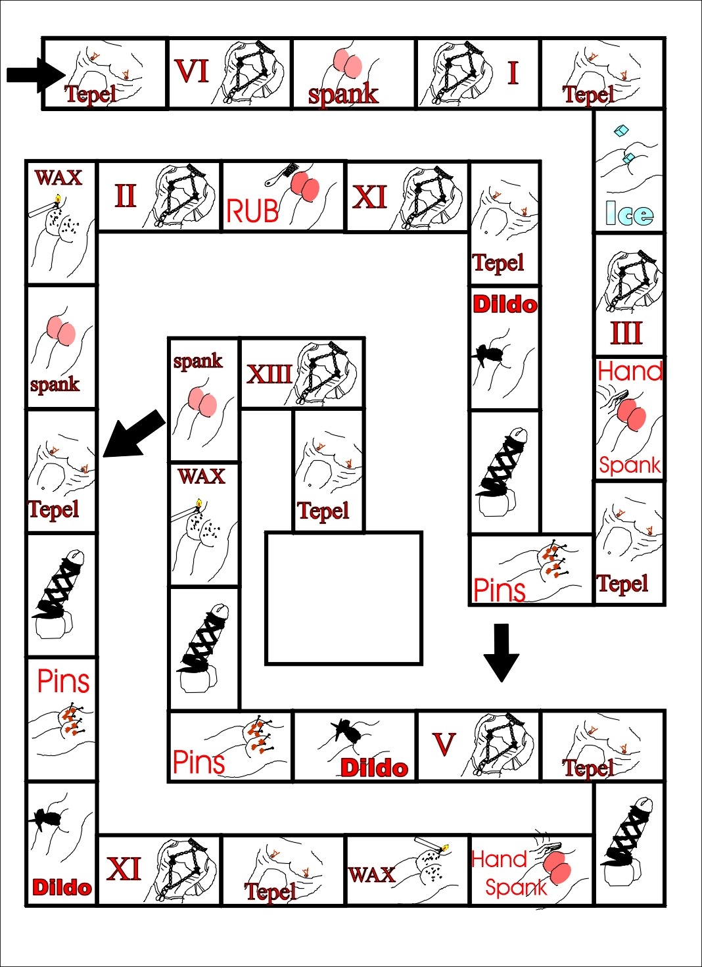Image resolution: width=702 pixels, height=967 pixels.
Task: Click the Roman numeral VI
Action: pos(191,71)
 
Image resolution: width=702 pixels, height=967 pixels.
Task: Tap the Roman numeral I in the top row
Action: pos(513,72)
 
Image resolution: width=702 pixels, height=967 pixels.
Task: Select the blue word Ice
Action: pos(629,214)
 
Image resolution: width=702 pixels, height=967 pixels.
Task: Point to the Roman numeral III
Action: pos(626,333)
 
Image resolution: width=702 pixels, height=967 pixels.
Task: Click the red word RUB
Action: pos(252,212)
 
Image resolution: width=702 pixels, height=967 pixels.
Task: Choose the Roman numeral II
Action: pos(125,196)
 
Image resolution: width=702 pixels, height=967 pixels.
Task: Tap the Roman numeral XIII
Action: pos(269,374)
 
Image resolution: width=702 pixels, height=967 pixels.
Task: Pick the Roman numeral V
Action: pos(444,744)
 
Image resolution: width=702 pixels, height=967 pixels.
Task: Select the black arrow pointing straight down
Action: pos(501,651)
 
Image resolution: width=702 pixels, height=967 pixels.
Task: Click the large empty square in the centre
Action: pos(343,598)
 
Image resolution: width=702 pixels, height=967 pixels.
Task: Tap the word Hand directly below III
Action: pos(630,371)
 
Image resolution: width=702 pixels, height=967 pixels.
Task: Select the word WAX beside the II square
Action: pos(59,177)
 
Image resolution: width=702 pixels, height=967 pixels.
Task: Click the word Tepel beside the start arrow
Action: pos(90,94)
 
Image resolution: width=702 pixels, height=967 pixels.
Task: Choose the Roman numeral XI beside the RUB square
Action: pos(369,197)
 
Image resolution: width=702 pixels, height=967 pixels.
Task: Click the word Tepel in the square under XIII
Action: pos(322,510)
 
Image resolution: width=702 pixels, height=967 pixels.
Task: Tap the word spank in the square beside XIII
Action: pos(197,360)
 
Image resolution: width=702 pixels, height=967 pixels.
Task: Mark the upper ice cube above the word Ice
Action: pos(621,131)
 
